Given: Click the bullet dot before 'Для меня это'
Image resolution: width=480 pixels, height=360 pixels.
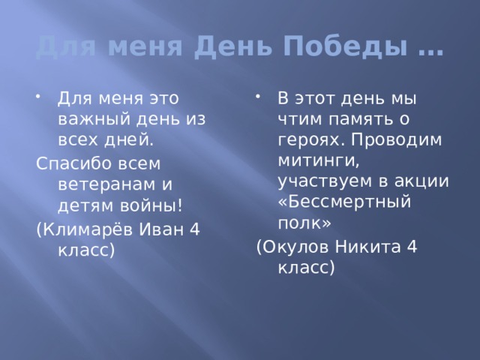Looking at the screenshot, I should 39,95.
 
